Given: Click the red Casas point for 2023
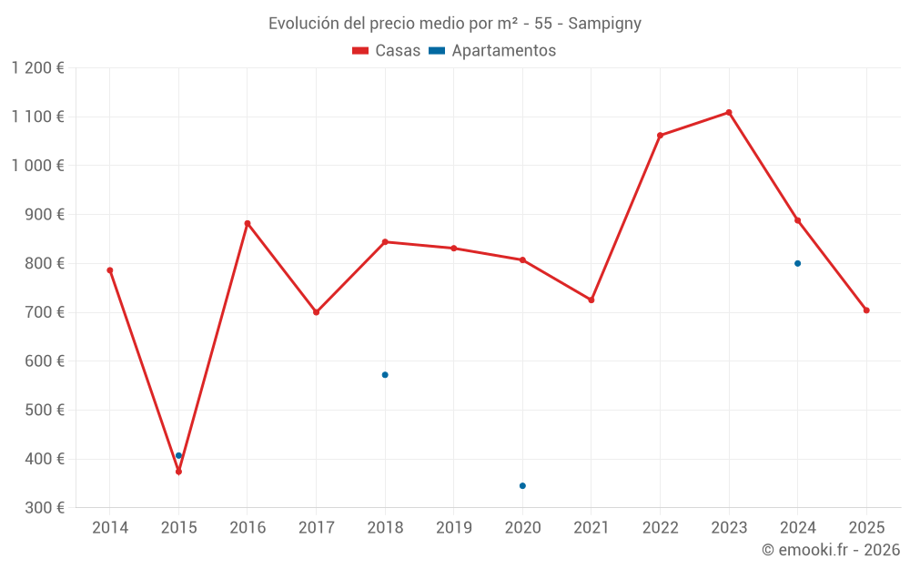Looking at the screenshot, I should click(729, 113).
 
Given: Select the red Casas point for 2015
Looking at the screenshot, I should click(178, 472).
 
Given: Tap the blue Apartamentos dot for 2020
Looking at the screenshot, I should click(522, 486).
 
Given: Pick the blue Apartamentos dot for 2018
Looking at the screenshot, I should click(385, 375).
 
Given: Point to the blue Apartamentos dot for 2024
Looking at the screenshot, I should click(798, 263).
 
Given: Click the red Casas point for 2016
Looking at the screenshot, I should click(248, 223).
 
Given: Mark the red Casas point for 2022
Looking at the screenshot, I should click(660, 136).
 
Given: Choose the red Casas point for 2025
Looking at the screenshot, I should click(866, 310).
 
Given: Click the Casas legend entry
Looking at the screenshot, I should click(387, 51).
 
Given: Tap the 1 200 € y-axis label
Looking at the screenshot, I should click(38, 68).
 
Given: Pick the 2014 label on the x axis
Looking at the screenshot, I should click(110, 528).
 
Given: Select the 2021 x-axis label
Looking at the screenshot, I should click(591, 528).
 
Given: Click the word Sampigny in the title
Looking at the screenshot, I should click(605, 24).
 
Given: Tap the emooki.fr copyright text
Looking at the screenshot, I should click(831, 550).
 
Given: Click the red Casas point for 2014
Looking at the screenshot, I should click(110, 270).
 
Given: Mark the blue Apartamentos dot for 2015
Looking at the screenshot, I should click(178, 455).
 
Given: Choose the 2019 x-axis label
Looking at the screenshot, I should click(454, 528).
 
